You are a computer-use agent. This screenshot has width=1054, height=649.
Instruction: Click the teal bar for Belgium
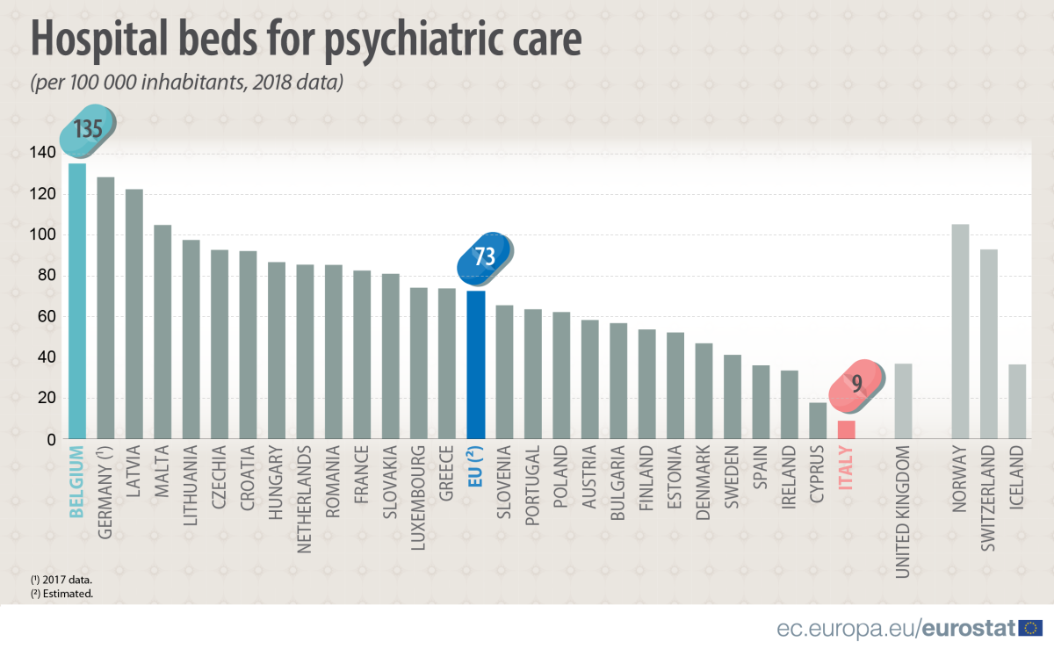coord(77,300)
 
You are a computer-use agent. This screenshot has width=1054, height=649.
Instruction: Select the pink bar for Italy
coord(846,429)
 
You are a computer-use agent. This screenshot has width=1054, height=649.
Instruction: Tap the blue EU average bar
coord(475,364)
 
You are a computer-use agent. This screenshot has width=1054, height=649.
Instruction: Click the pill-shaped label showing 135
coord(88,131)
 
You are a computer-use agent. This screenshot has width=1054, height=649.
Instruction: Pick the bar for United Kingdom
coord(903,400)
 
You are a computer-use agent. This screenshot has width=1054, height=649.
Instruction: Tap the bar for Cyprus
coord(818,421)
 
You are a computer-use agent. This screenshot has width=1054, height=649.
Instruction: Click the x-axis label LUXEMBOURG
coord(418,501)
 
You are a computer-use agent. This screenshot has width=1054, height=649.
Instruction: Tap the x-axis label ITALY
coord(846,475)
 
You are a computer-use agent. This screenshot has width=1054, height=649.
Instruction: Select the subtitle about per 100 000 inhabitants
coord(185,83)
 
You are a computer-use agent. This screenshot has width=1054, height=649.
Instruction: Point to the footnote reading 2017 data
coord(61,580)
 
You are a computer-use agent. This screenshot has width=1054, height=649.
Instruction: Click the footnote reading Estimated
coord(61,594)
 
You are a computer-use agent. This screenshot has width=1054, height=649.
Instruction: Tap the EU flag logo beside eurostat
coord(1031,628)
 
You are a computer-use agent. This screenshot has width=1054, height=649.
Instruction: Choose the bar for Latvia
coord(134,314)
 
